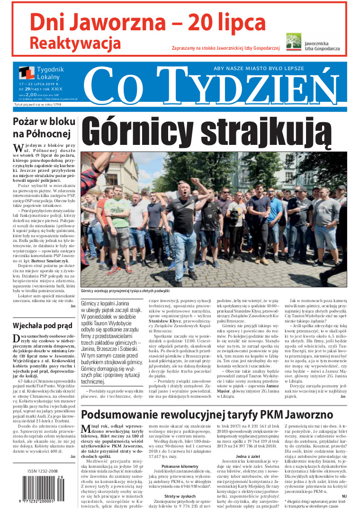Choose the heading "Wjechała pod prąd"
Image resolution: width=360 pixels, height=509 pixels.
coord(38,326)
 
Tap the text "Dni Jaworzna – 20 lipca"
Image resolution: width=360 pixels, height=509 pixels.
coord(148,22)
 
